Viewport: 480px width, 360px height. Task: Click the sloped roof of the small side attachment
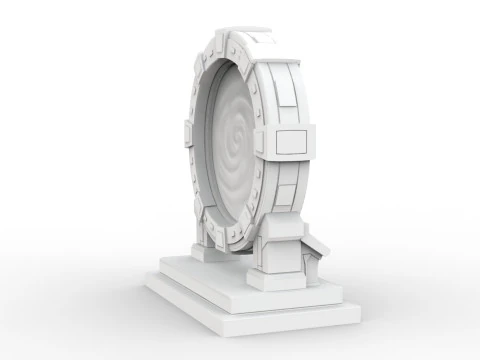click(x=318, y=245)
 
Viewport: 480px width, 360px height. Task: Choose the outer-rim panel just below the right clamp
click(x=290, y=186)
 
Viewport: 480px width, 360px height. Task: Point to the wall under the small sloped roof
click(x=310, y=262)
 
